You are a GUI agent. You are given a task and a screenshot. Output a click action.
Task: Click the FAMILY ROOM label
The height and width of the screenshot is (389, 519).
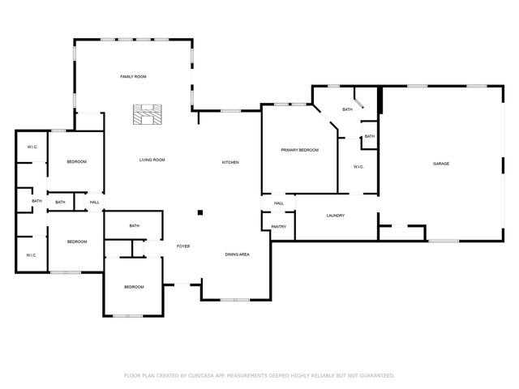click(x=133, y=76)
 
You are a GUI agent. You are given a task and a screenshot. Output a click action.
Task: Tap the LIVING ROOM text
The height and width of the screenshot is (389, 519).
click(x=152, y=160)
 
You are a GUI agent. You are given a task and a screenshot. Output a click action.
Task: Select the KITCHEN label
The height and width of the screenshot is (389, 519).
click(x=230, y=163)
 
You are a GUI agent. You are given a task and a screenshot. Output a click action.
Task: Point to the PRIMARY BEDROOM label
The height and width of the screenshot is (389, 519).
click(x=299, y=150)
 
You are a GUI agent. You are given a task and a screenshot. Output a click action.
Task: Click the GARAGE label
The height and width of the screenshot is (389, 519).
click(x=440, y=164)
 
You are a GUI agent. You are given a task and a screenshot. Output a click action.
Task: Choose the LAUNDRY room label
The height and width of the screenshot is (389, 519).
click(x=336, y=216)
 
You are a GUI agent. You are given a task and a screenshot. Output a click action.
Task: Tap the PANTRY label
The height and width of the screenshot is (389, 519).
click(x=278, y=227)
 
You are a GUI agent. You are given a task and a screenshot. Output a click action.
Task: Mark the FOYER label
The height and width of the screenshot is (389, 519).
click(x=183, y=246)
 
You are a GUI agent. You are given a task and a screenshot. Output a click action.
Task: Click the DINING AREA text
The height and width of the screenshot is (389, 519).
click(x=237, y=255)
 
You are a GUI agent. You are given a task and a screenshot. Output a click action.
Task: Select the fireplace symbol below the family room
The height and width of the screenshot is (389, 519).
click(x=147, y=116)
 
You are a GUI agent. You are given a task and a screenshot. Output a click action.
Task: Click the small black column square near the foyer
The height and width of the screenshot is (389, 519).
click(x=199, y=213)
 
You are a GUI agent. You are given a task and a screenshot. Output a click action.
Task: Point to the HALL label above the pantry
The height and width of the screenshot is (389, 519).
click(x=278, y=203)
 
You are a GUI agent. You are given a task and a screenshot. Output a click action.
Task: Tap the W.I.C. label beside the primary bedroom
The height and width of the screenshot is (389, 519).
click(x=358, y=167)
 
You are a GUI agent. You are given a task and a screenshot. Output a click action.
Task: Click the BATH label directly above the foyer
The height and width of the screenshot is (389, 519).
click(x=134, y=226)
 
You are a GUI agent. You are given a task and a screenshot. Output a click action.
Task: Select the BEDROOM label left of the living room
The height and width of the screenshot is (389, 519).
click(x=76, y=162)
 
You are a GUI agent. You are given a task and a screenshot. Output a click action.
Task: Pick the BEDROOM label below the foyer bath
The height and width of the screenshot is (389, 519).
click(x=134, y=287)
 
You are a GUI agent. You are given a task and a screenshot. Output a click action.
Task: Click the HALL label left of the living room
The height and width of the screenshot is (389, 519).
click(x=94, y=202)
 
